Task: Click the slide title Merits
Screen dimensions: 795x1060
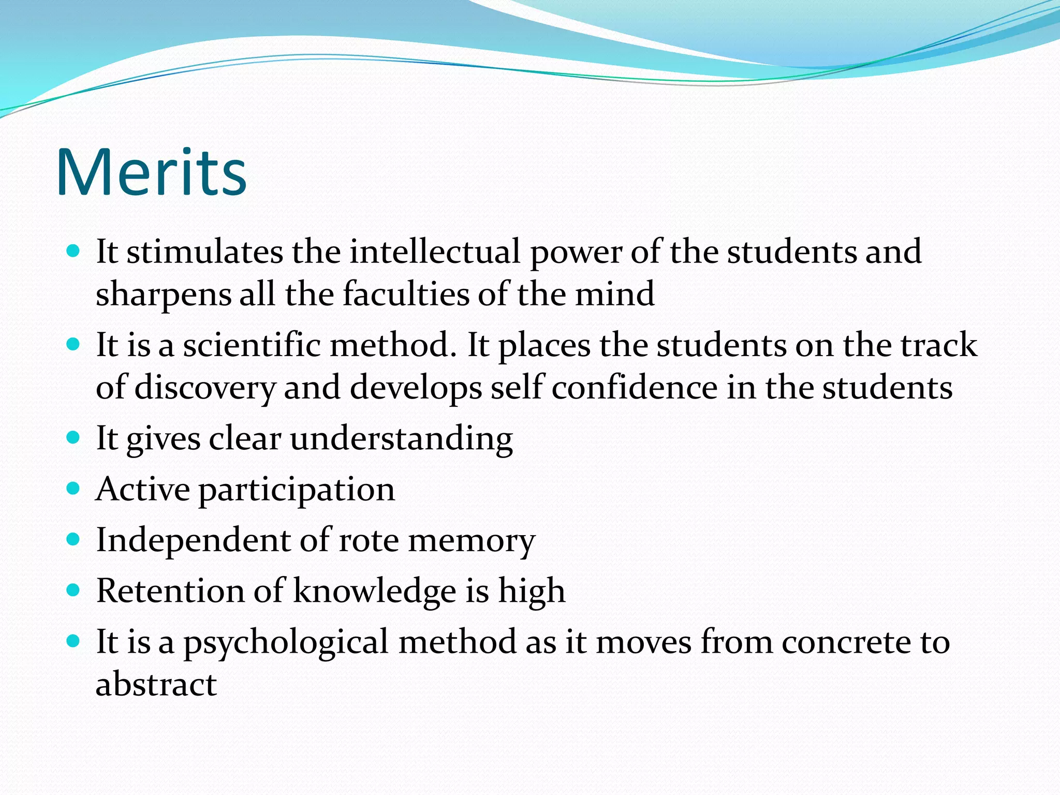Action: [151, 172]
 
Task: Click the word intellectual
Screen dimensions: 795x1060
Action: [435, 252]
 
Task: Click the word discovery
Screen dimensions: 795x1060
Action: [205, 388]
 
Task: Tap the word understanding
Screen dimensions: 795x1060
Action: [401, 439]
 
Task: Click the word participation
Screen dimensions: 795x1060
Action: [297, 490]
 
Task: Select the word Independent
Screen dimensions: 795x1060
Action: [194, 540]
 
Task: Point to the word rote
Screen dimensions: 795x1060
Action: [369, 540]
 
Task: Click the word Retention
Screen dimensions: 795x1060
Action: [170, 591]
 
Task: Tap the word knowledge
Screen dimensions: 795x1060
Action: [375, 591]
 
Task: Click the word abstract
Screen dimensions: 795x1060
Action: [156, 684]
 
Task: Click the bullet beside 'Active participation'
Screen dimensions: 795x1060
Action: [73, 489]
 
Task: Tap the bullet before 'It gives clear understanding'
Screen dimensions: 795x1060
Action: [73, 438]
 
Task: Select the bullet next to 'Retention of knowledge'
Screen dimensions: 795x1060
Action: [73, 590]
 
